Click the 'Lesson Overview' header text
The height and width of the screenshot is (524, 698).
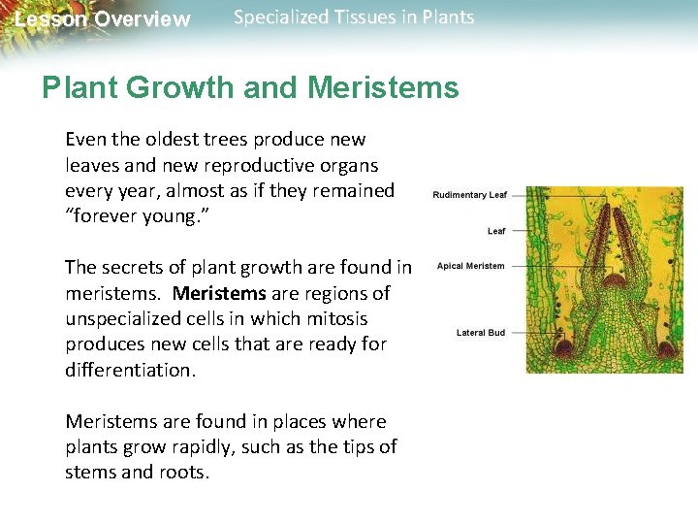coord(103,19)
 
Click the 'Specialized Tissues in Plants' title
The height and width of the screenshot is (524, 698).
coord(354,17)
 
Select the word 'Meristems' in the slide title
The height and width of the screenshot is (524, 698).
coord(383,88)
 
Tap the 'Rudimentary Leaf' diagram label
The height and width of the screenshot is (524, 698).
coord(469,195)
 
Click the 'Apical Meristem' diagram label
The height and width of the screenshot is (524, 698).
coord(470,266)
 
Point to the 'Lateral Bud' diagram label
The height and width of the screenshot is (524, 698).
coord(480,333)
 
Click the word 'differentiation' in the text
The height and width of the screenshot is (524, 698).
coord(129,369)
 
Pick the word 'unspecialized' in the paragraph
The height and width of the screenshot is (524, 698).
coord(123,318)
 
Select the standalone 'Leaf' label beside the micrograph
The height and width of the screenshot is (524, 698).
coord(495,231)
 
